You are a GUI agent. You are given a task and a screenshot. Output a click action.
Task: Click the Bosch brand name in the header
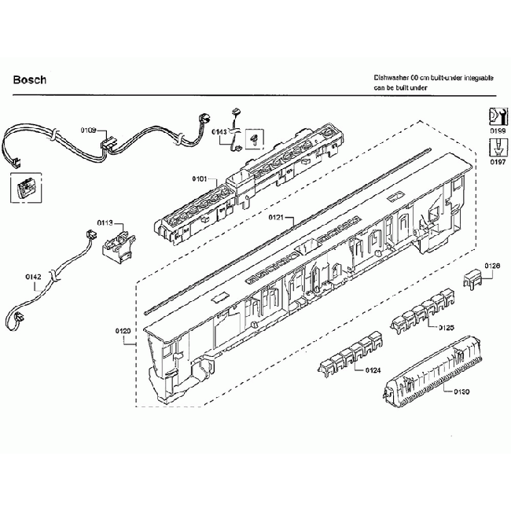[30, 79]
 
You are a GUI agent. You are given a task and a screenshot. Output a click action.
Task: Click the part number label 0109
[87, 129]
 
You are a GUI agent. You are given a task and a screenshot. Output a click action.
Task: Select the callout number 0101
[199, 180]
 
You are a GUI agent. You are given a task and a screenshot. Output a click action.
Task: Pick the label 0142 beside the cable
[32, 276]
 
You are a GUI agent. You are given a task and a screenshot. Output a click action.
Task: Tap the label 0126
[492, 266]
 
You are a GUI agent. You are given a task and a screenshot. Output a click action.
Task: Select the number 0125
[447, 326]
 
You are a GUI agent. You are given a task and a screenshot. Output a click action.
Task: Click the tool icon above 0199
[496, 113]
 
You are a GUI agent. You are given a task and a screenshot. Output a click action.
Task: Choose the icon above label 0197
[496, 146]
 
